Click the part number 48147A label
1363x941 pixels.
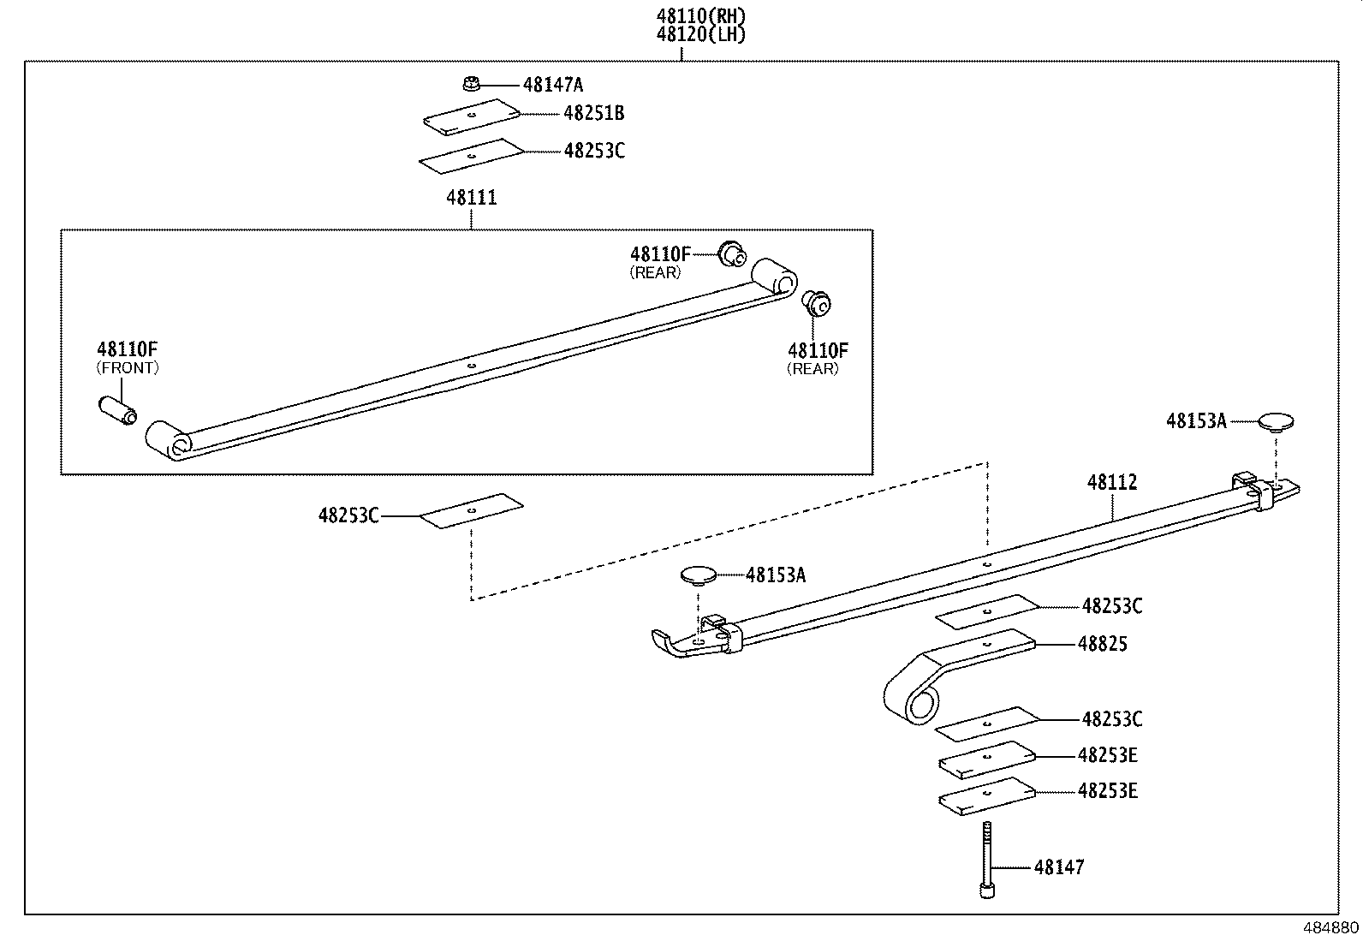552,84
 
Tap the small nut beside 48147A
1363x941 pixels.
469,84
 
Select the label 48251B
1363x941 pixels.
593,113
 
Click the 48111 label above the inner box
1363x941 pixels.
471,198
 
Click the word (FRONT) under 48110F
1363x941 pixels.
128,368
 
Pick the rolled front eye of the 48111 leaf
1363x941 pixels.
168,440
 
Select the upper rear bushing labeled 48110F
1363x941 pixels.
731,253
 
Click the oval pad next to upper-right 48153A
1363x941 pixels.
1276,420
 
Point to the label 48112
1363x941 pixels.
1112,483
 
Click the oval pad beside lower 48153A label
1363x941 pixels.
700,575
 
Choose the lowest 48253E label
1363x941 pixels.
1107,791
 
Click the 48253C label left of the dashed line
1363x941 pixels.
348,515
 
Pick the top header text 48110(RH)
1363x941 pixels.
700,15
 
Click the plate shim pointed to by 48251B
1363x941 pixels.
472,116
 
